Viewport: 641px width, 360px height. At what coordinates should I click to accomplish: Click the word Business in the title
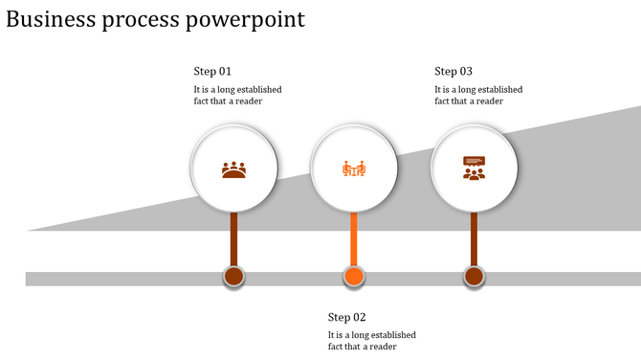coord(54,19)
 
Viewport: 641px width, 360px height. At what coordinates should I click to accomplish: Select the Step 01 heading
coord(212,72)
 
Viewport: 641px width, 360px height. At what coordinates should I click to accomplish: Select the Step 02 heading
coord(346,318)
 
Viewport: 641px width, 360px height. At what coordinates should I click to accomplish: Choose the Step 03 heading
coord(453,72)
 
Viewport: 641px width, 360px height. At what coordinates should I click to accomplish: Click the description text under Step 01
coord(237,96)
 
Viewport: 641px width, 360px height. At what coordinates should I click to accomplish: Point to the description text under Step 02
coord(371,341)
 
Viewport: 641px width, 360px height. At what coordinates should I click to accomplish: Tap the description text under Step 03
coord(478,96)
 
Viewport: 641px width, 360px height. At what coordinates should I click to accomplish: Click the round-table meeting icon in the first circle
coord(234,169)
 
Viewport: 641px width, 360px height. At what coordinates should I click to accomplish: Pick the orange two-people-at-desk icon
coord(354,169)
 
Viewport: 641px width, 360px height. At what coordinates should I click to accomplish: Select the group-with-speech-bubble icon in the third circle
coord(474,169)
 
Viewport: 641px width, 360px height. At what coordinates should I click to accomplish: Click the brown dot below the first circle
coord(234,278)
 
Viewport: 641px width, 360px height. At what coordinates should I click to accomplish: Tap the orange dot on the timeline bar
coord(354,278)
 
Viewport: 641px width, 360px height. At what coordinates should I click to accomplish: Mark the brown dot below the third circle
coord(474,278)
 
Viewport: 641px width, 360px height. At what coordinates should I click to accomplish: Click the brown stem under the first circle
coord(234,239)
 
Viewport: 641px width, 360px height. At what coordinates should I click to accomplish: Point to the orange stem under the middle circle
coord(354,239)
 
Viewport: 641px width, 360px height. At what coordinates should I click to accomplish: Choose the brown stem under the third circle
coord(474,239)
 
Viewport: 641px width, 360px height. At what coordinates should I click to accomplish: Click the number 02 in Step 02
coord(360,318)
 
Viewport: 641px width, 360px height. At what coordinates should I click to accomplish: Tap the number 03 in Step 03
coord(467,72)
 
